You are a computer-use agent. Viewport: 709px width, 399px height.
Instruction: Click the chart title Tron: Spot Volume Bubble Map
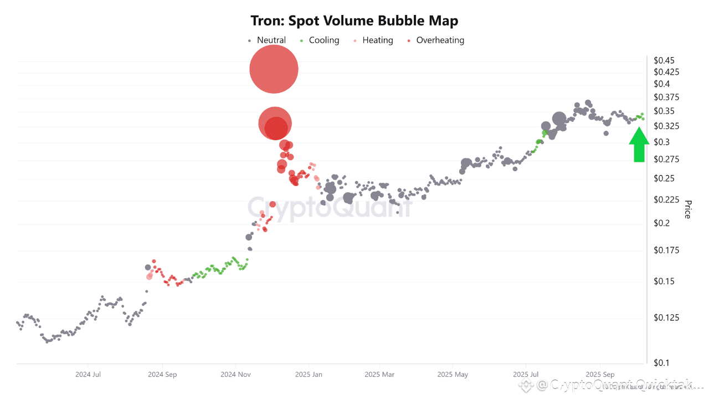354,21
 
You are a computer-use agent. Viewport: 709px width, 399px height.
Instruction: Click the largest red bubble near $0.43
274,69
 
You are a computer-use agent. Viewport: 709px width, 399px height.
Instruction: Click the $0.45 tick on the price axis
664,60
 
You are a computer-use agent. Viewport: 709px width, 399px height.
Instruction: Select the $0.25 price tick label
664,178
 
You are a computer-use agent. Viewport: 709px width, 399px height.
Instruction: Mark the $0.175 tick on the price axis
665,250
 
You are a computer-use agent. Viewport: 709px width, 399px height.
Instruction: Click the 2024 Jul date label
88,375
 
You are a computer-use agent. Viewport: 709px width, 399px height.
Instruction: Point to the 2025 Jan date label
309,375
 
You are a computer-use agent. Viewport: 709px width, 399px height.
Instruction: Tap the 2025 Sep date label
600,375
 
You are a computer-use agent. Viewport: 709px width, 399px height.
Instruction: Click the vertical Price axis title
687,209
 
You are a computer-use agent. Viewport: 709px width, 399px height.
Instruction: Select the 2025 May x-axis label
453,375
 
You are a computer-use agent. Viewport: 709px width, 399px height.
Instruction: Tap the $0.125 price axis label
665,318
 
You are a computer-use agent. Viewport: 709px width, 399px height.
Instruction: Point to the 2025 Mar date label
379,375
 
